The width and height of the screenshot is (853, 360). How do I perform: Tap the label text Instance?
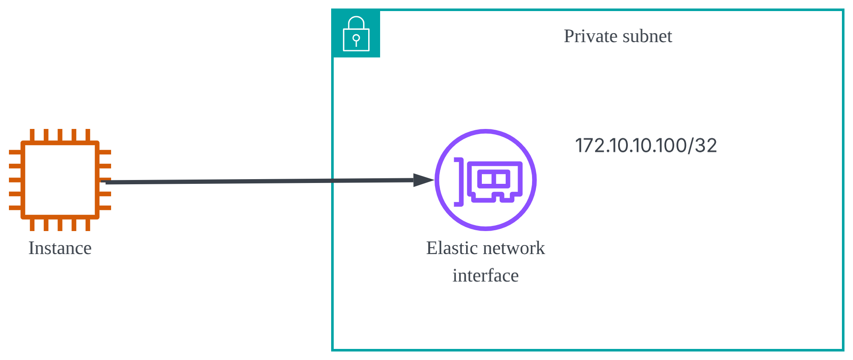tap(60, 248)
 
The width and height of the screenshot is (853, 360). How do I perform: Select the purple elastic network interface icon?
tap(486, 180)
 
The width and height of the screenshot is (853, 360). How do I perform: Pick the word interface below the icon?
tap(485, 276)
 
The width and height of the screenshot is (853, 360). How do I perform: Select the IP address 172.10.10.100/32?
tap(646, 146)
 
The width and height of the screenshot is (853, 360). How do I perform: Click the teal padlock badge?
tap(356, 34)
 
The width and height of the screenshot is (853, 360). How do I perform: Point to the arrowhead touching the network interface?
tap(424, 180)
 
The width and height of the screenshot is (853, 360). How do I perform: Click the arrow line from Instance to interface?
tap(255, 181)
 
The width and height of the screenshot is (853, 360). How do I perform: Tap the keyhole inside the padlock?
tap(356, 40)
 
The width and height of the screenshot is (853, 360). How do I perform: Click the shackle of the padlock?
tap(356, 22)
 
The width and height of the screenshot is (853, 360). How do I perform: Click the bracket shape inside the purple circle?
tap(459, 182)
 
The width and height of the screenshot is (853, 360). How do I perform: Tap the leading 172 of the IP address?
tap(590, 146)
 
